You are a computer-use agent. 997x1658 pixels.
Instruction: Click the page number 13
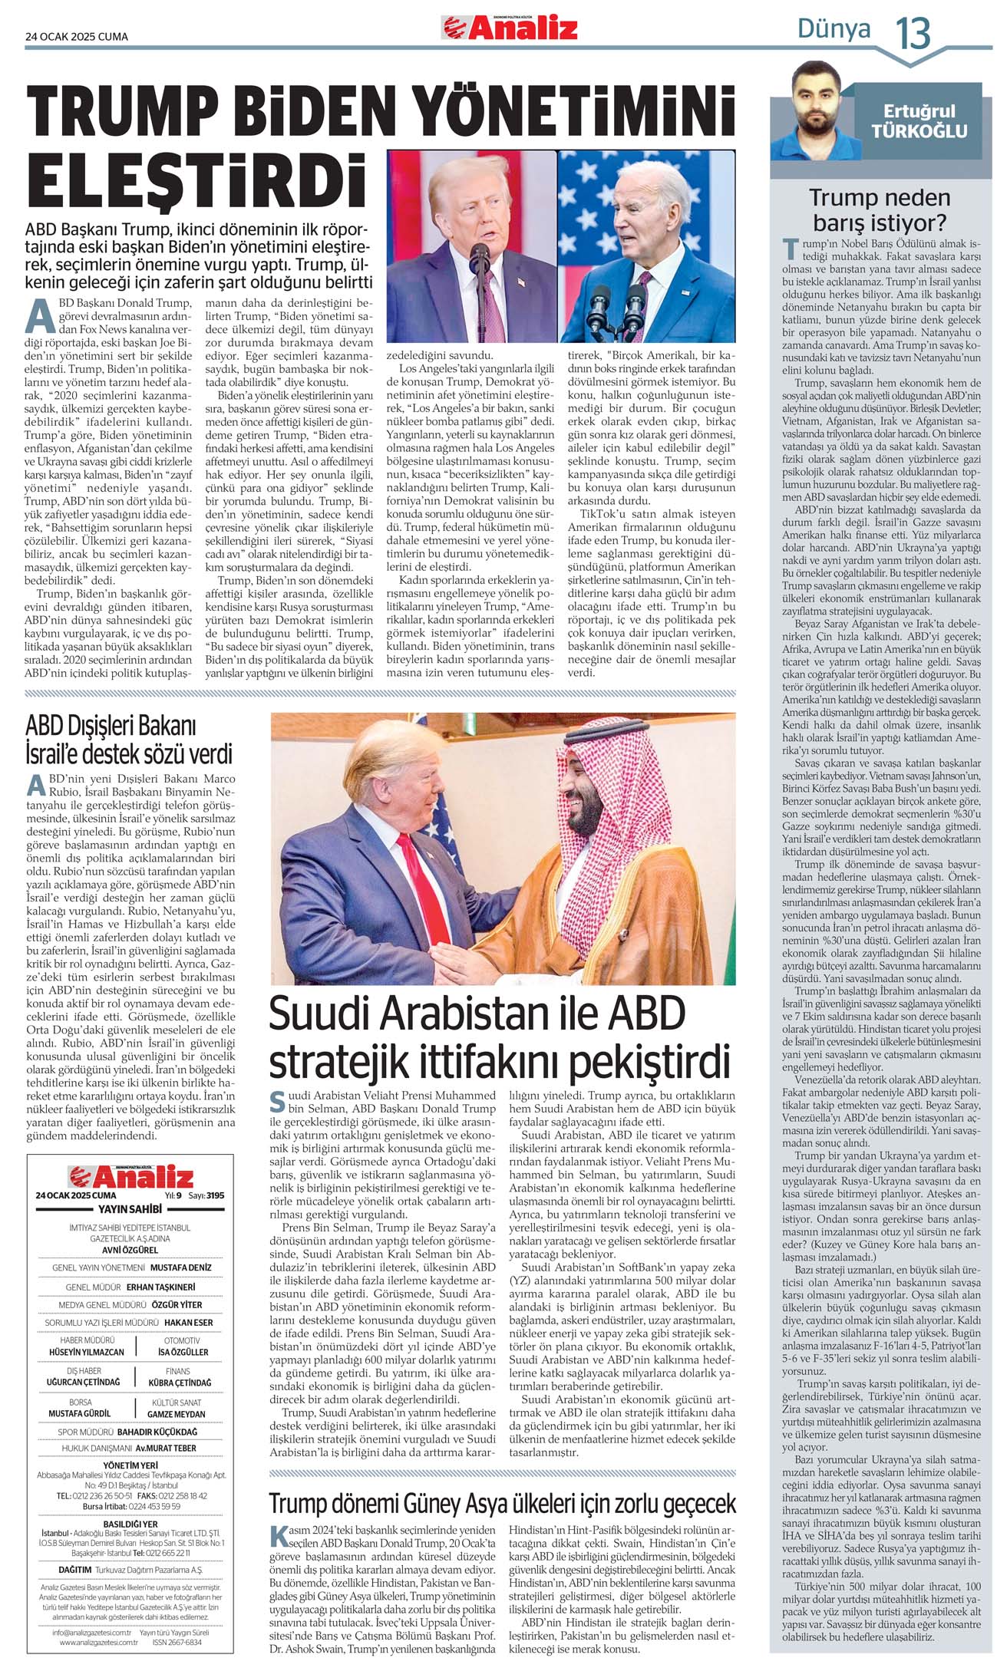click(913, 34)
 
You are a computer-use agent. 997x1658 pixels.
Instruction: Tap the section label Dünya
click(834, 29)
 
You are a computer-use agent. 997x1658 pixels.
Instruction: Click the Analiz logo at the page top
click(510, 29)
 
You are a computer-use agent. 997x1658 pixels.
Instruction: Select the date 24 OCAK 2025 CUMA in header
click(77, 36)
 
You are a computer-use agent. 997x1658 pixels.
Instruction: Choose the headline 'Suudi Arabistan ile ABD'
click(477, 1014)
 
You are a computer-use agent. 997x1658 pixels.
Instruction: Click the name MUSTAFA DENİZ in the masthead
click(180, 1267)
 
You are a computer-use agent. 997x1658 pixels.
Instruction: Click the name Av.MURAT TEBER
click(166, 1448)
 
